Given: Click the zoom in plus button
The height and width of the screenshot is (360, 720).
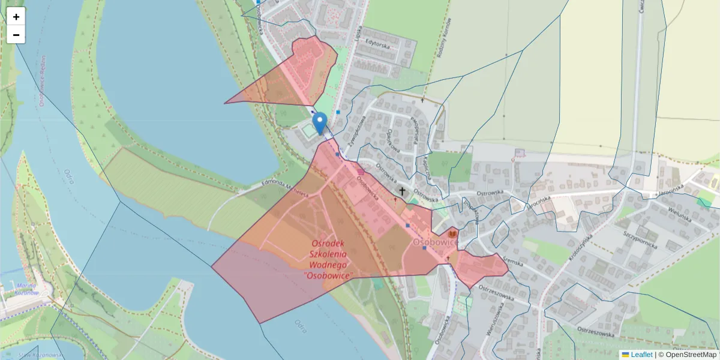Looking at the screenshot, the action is pyautogui.click(x=16, y=17).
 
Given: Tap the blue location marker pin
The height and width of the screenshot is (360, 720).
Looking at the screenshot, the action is pyautogui.click(x=320, y=123).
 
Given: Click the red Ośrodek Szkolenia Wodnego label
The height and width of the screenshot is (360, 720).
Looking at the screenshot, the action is pyautogui.click(x=329, y=259).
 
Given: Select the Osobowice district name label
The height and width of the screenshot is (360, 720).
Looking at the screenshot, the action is pyautogui.click(x=435, y=241).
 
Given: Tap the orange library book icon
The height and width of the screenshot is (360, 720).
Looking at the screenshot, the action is pyautogui.click(x=452, y=233).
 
